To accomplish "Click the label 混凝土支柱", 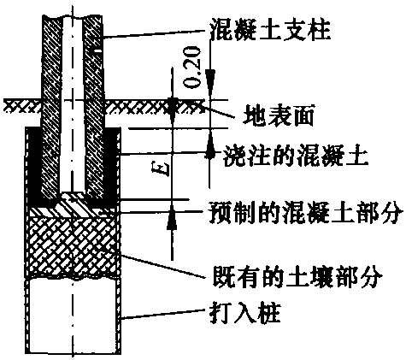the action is (270, 28).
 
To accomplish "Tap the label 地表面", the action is (279, 115).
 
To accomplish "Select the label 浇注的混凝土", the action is (295, 156).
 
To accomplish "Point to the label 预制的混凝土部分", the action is (306, 212).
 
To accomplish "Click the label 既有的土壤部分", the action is (297, 276).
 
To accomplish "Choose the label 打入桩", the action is (245, 313).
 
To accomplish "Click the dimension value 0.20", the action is (192, 67).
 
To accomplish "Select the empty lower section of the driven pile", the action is (73, 316).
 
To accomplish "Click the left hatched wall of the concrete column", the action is (51, 107).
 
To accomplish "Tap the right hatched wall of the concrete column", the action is (93, 107).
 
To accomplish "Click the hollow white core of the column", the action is (73, 104).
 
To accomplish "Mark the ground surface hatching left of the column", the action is (23, 105).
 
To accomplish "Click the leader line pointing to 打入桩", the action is (164, 314).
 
